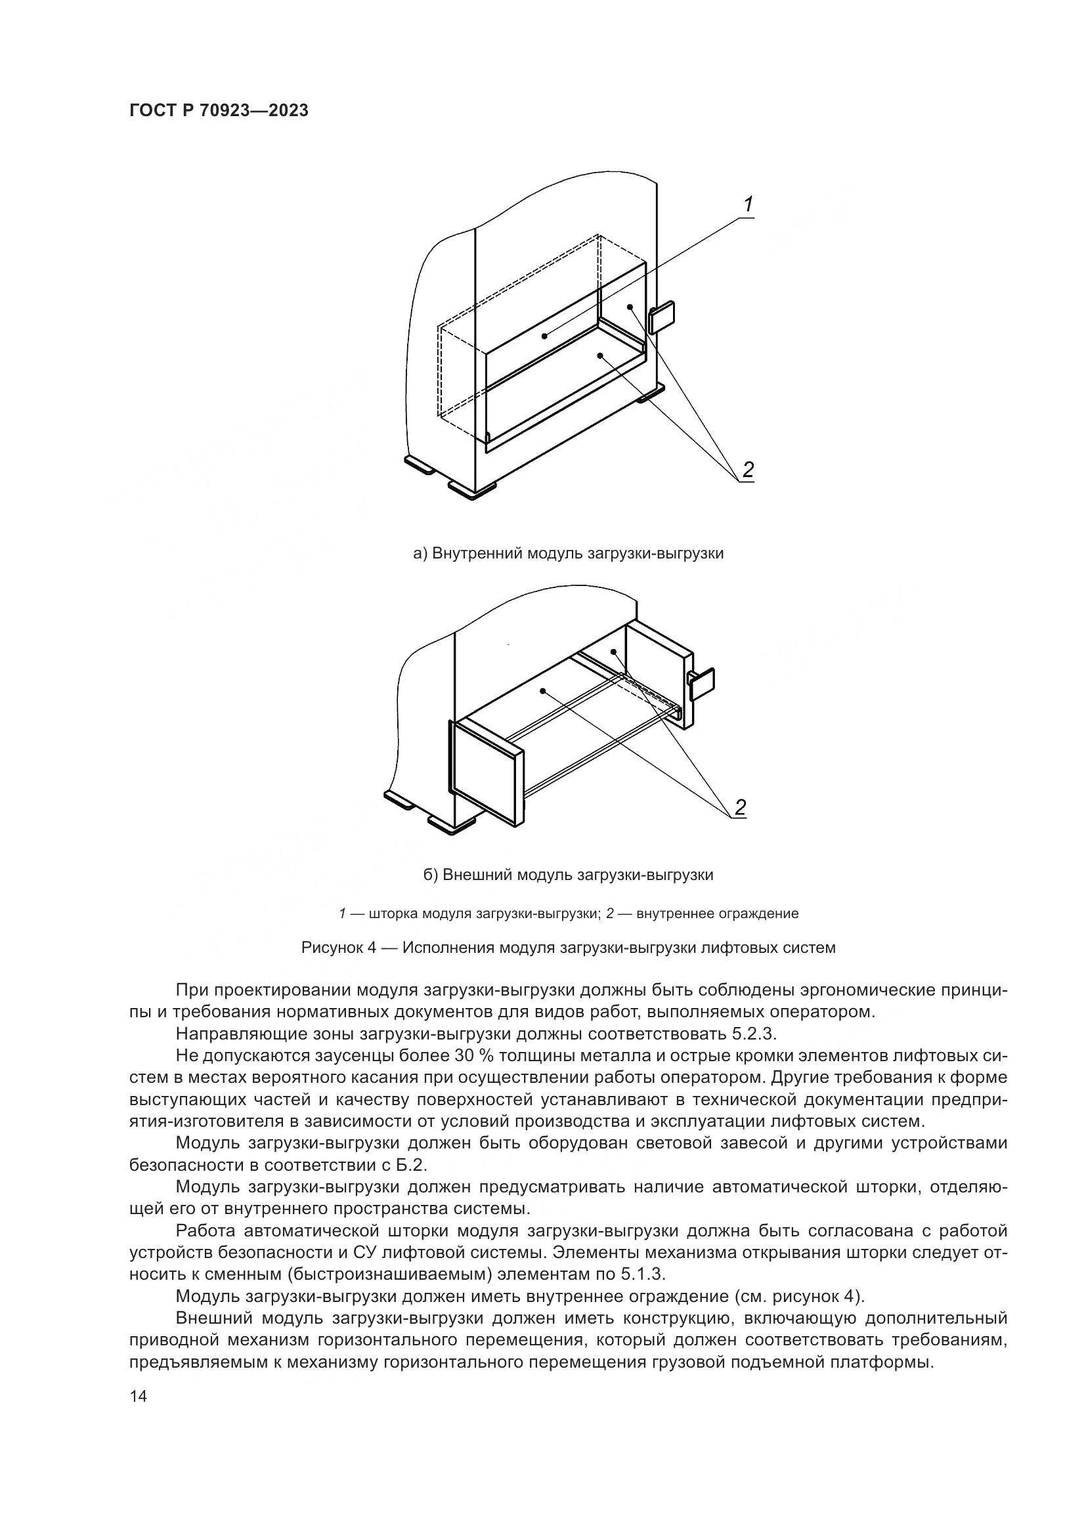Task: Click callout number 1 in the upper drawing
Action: coord(749,205)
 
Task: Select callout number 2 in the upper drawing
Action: coord(748,470)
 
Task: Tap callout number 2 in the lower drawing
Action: coord(739,808)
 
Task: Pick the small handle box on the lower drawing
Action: coord(701,684)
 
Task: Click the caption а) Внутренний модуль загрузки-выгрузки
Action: coord(569,554)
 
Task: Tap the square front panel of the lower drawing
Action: coord(487,772)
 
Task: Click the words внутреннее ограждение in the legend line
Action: coord(718,914)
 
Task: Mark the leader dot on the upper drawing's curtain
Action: coord(545,335)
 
